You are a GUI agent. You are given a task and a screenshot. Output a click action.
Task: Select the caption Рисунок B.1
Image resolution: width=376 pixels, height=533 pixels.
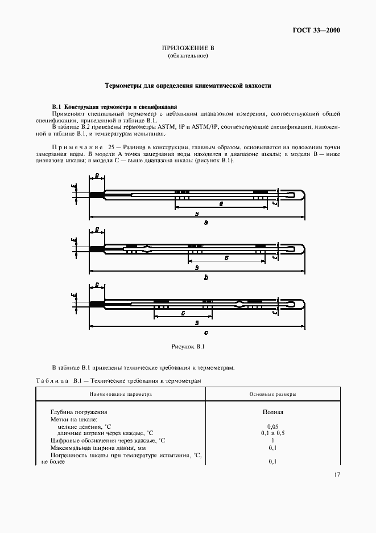tap(188, 346)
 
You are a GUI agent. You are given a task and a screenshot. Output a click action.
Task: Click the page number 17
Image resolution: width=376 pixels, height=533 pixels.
tap(336, 474)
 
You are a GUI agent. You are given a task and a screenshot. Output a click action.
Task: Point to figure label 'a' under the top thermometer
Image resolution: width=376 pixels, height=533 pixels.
tap(205, 223)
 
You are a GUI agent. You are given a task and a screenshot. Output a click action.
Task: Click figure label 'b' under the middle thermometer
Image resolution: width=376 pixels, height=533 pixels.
tap(205, 277)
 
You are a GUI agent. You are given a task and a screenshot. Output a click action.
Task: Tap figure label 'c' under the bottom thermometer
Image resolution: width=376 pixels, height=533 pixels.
tap(205, 332)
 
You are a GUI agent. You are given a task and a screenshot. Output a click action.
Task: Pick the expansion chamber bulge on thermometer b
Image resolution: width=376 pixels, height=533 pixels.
tap(148, 248)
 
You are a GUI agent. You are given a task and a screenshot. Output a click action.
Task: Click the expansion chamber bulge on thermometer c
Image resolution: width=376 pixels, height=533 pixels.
tap(242, 303)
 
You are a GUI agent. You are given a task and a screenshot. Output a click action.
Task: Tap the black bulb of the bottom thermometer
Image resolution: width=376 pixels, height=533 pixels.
tap(97, 304)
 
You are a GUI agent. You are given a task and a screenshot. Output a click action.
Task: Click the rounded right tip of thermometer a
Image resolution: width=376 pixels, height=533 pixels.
tap(304, 195)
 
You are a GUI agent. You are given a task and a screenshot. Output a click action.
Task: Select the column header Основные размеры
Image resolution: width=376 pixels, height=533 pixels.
tap(272, 394)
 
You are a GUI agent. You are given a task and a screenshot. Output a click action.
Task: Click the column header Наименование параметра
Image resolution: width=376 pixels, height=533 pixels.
tap(121, 394)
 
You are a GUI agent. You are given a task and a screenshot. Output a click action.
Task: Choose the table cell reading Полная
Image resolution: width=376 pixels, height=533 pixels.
tap(273, 412)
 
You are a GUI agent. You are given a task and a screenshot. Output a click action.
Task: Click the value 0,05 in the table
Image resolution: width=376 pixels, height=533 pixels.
tap(272, 426)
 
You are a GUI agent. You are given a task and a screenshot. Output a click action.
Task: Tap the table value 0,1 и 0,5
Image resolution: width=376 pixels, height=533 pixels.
tap(272, 433)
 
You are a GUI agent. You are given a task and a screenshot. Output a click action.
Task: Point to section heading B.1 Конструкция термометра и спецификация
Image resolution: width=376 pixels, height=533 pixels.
tap(114, 106)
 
